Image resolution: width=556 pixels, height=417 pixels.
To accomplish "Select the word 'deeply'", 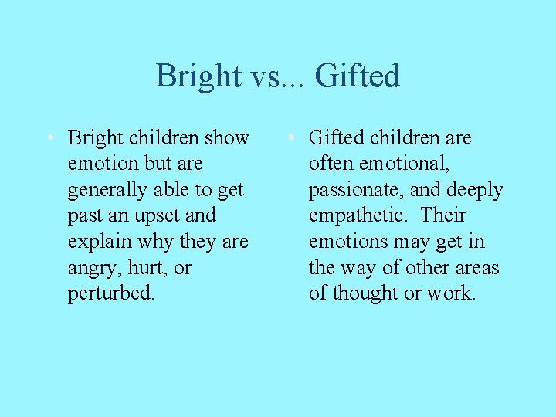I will point(475,190).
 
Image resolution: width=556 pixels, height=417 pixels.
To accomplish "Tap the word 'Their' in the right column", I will point(443,215).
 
